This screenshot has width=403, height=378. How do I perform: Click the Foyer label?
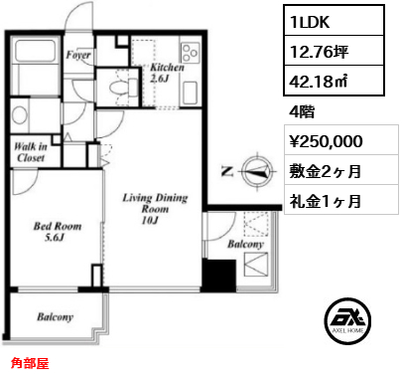pos(78,55)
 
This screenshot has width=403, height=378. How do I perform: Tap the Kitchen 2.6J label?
pos(167,73)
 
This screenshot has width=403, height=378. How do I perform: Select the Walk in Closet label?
pos(31,152)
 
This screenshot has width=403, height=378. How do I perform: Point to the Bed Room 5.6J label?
pos(58,232)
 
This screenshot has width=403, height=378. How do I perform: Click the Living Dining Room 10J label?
pos(155,209)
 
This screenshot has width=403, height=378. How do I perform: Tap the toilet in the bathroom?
pos(122,87)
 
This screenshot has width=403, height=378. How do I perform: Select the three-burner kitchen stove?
pos(191,53)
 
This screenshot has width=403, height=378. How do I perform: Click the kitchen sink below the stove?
pos(190,94)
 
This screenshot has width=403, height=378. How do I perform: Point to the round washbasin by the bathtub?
pos(19,115)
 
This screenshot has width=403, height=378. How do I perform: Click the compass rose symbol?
pos(257,171)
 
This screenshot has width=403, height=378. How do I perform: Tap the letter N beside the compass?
pos(227,171)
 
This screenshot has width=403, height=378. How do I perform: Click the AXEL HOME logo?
pos(347,321)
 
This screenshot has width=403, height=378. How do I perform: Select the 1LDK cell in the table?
pos(334,21)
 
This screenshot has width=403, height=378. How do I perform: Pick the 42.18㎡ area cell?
pos(334,81)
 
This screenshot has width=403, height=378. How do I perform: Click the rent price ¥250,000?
pos(326,141)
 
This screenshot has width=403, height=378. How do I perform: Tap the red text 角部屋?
pos(30,363)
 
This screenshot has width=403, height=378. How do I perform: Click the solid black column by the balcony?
pos(219,276)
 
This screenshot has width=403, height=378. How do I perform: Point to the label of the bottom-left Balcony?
pos(56,317)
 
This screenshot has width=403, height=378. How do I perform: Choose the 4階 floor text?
pos(302,112)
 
